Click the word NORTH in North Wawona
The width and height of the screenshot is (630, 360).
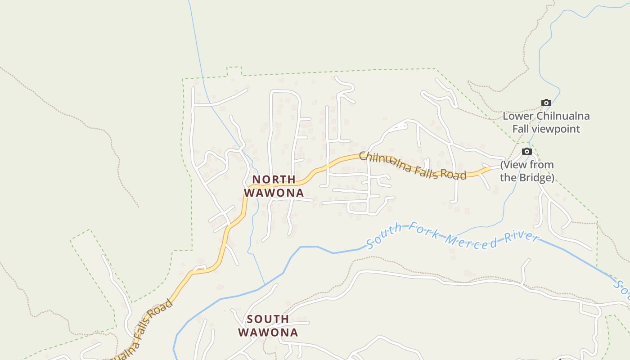coord(274,180)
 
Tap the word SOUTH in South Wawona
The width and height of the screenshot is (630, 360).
coord(268,319)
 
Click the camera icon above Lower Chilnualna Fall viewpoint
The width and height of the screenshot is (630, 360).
coord(546,103)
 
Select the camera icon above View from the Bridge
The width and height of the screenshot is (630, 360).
coord(526,151)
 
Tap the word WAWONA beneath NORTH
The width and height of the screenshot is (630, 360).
coord(274,193)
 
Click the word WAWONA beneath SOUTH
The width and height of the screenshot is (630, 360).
coord(268,333)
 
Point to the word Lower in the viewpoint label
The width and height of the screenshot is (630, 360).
coord(517,116)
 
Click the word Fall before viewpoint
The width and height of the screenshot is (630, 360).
coord(521,129)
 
